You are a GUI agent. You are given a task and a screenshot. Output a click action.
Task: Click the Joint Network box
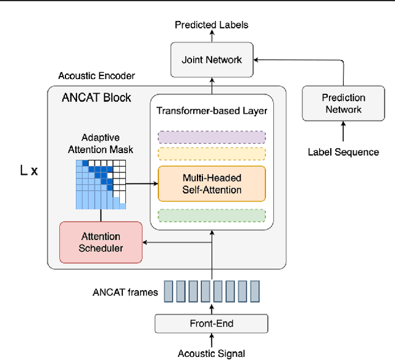tap(212, 60)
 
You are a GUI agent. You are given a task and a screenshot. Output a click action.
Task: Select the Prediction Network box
tap(344, 104)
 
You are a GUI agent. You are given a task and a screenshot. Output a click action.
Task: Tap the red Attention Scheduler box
tap(101, 242)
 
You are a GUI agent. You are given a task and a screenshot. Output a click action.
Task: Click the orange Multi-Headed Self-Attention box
tap(212, 183)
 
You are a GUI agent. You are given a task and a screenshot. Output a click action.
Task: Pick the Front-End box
tap(211, 323)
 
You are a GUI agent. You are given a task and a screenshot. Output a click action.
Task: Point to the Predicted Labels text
tap(212, 25)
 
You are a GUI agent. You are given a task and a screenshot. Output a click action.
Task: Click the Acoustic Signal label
tap(211, 353)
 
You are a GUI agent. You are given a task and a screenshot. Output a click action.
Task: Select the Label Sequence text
tap(344, 152)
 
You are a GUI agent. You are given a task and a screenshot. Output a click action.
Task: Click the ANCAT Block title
tap(96, 98)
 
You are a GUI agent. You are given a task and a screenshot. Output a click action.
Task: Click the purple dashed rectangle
tap(212, 136)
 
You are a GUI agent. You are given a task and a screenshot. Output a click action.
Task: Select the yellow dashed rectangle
tap(212, 154)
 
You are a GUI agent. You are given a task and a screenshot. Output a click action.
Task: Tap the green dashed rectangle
tap(212, 216)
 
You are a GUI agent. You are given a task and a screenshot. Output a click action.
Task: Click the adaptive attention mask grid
tap(101, 184)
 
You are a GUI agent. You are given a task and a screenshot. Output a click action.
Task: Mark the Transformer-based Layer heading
tap(211, 111)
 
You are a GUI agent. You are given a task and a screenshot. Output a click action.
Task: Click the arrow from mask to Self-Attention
tap(142, 183)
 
